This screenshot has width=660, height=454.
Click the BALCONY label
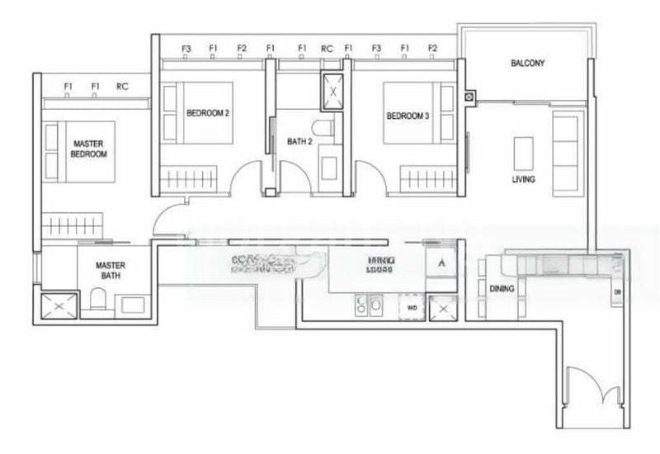[x=527, y=64]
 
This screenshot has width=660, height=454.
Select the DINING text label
[x=502, y=289]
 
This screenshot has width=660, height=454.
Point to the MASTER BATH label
[x=110, y=272]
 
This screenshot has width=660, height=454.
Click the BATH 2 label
[x=299, y=142]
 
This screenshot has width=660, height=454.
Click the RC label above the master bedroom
[x=122, y=86]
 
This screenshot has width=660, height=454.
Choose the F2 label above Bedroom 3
[x=432, y=49]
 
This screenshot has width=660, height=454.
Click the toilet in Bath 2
[x=328, y=128]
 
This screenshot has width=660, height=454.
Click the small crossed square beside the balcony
[x=469, y=97]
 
